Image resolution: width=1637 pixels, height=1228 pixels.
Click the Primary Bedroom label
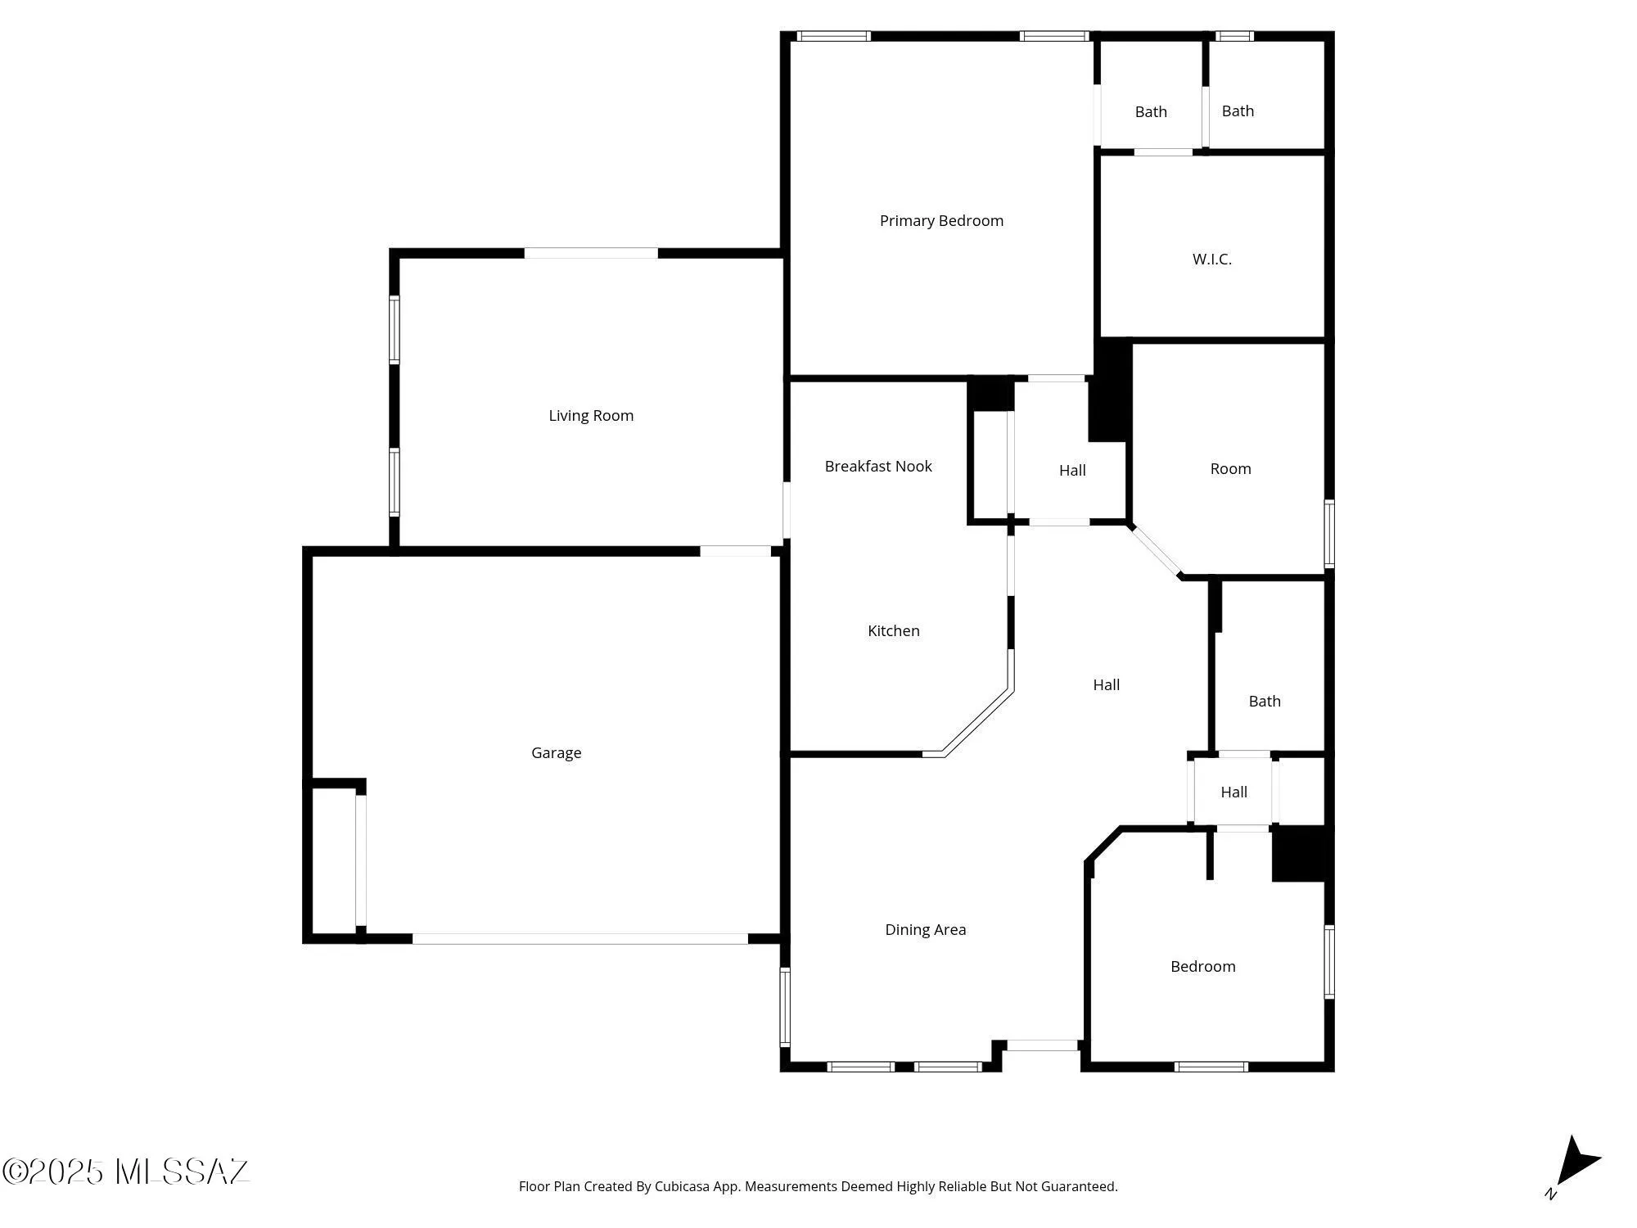941,221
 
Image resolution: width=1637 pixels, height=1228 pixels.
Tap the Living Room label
591,416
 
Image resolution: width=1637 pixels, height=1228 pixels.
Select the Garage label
557,753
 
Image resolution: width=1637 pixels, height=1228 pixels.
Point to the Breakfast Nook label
878,467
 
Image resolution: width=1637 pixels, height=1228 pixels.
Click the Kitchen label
894,631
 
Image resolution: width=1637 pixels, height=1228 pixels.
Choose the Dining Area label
926,930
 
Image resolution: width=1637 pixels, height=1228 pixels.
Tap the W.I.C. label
1212,260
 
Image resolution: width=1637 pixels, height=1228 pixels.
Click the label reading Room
1231,469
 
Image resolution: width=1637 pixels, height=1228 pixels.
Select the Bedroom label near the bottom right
1203,967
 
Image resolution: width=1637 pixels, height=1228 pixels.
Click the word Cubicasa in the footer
681,1187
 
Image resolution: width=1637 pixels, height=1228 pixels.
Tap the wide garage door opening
579,939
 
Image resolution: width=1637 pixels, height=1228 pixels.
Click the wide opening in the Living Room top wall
591,253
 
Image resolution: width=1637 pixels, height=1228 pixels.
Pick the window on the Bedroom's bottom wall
1211,1067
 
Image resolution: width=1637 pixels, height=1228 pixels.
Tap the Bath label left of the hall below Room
1265,702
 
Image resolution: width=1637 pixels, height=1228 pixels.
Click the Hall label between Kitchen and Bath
1107,685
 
